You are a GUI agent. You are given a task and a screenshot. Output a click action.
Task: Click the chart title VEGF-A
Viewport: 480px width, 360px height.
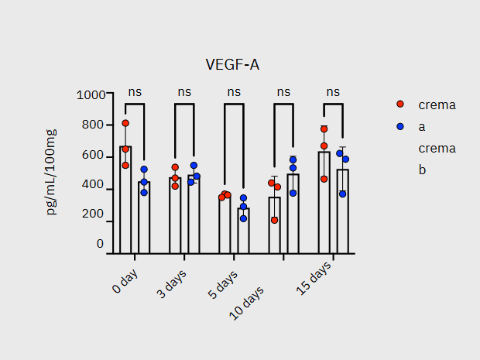coord(231,65)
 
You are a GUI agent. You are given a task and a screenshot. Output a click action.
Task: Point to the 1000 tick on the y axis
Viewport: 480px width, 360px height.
coord(91,94)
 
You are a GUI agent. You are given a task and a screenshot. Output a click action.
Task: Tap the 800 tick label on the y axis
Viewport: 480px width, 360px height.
coord(93,125)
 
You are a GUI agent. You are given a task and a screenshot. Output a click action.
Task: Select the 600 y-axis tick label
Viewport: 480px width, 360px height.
coord(93,155)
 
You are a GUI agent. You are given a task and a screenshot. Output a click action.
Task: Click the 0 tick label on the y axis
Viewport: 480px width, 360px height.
coord(100,244)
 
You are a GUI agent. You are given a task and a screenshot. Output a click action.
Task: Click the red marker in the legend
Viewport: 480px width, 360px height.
coord(400,105)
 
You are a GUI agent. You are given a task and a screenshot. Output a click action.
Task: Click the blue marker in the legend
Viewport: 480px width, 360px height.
coord(400,126)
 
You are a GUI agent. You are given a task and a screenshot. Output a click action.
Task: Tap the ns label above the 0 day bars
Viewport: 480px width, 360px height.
coord(135,91)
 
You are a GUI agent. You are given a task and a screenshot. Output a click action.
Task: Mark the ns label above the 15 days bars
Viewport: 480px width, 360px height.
coord(333,91)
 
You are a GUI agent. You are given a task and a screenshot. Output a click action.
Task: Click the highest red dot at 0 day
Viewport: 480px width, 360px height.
coord(125,123)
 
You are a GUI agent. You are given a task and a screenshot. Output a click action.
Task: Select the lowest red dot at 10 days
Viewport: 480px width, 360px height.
coord(274,220)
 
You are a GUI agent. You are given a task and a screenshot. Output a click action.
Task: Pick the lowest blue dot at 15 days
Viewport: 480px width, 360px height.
coord(342,194)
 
